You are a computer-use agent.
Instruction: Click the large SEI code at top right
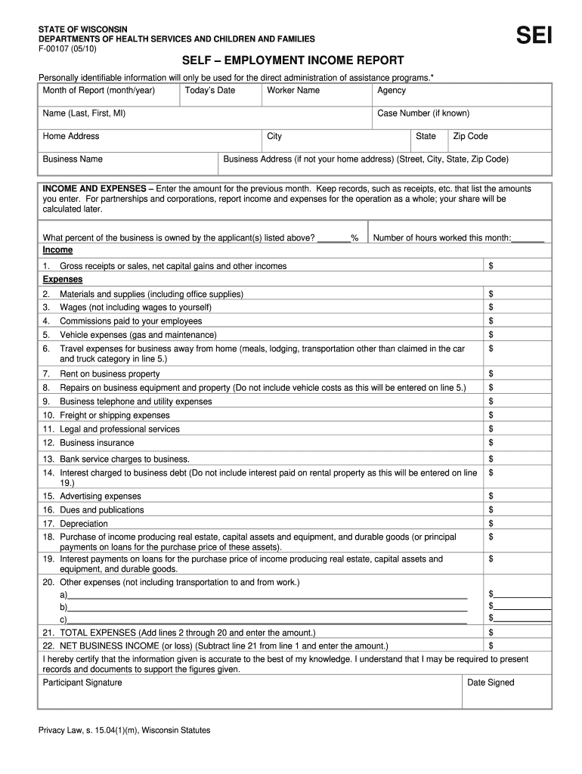534,36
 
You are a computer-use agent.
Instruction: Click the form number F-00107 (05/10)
68,49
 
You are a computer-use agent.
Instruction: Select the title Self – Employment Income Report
293,60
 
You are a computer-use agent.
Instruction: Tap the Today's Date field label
210,91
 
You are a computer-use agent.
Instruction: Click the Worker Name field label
293,91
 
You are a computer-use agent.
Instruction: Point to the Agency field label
392,91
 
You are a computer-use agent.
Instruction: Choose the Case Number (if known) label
423,113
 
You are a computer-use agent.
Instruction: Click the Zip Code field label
470,137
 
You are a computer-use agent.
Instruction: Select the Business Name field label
73,159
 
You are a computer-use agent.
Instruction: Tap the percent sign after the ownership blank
354,238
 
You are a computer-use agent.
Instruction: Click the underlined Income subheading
57,250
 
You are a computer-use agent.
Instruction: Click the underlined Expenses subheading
62,280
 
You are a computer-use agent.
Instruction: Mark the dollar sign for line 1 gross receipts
491,266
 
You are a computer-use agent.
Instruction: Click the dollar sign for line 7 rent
491,374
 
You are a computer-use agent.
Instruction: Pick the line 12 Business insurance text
97,443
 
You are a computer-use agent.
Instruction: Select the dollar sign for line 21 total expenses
491,633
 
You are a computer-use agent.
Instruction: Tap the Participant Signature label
82,683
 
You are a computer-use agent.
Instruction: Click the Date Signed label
491,683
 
